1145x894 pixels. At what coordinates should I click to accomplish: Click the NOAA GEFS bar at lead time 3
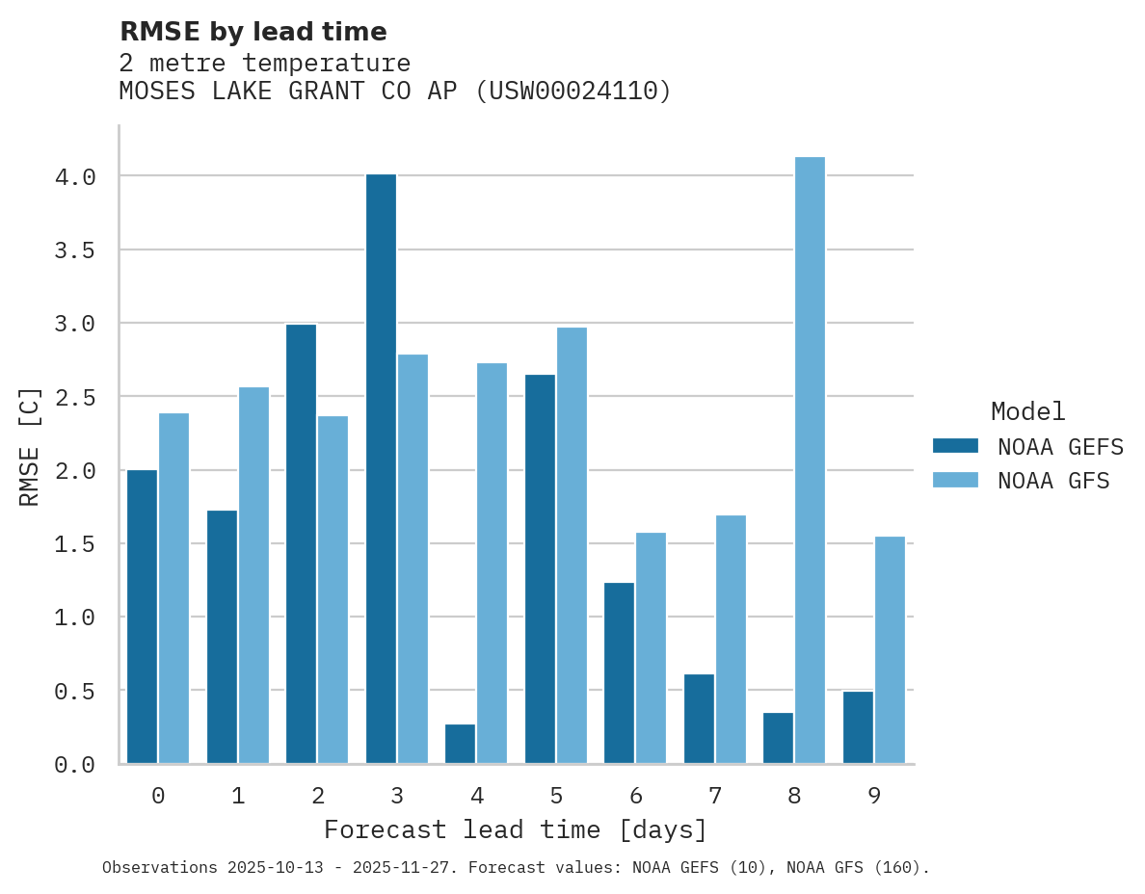point(381,468)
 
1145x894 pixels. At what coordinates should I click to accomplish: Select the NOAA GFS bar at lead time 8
point(810,460)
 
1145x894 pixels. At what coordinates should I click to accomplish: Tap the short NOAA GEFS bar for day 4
point(460,744)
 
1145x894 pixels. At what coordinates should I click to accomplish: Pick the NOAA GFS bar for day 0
point(173,588)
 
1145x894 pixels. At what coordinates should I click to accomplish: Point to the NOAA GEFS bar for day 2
point(301,543)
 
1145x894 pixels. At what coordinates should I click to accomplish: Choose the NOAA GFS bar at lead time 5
point(572,545)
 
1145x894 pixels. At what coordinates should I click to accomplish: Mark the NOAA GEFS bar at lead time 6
point(619,672)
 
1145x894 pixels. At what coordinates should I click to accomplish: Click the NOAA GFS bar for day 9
point(890,649)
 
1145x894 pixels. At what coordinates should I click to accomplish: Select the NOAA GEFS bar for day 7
point(699,719)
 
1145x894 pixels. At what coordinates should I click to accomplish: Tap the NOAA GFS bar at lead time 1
point(253,575)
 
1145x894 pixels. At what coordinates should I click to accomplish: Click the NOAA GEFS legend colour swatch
point(955,446)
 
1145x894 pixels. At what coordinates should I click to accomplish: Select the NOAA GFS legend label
point(1053,481)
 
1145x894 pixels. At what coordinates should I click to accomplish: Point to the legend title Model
point(1027,411)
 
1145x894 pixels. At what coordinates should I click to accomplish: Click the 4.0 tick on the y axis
point(74,176)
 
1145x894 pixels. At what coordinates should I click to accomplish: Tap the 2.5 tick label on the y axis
point(74,397)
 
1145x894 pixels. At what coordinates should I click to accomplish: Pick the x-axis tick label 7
point(714,796)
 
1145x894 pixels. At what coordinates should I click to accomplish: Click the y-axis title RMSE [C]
point(30,446)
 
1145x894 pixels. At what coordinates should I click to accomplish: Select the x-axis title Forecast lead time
point(516,829)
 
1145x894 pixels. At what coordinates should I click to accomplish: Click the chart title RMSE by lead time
point(253,32)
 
